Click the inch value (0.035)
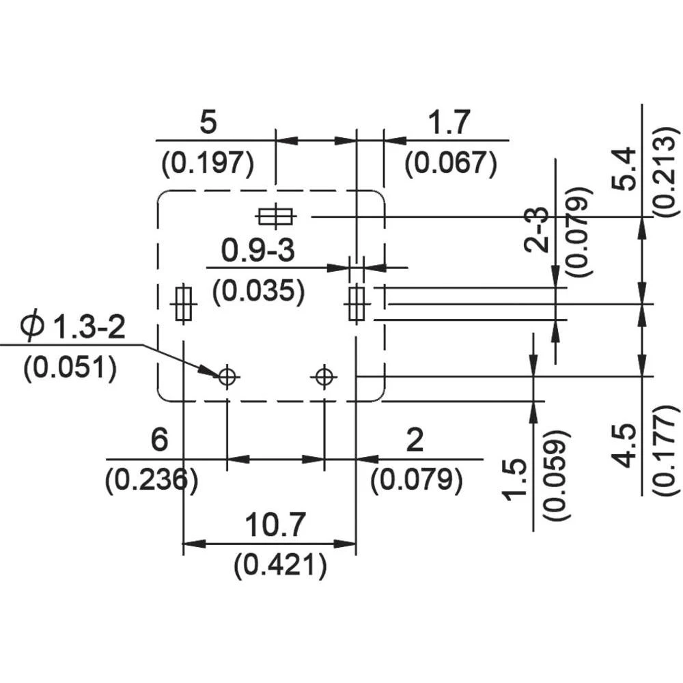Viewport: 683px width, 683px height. point(257,291)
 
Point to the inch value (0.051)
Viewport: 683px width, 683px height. point(70,368)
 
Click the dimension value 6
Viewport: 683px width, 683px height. point(158,440)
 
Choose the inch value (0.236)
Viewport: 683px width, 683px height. point(152,480)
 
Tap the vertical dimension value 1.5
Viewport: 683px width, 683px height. point(517,479)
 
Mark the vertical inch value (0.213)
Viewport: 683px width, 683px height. point(666,171)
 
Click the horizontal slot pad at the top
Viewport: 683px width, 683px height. point(275,217)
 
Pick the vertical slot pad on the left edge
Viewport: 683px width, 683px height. point(183,303)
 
